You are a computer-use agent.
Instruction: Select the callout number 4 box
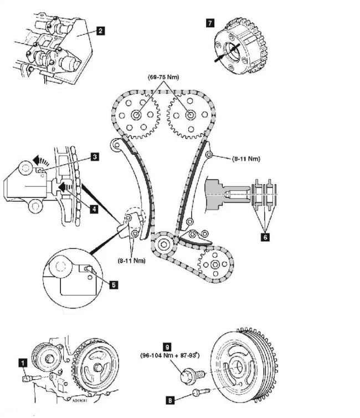pos(95,209)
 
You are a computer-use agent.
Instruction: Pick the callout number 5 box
pos(114,285)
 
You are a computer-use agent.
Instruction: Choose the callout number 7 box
pos(210,23)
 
